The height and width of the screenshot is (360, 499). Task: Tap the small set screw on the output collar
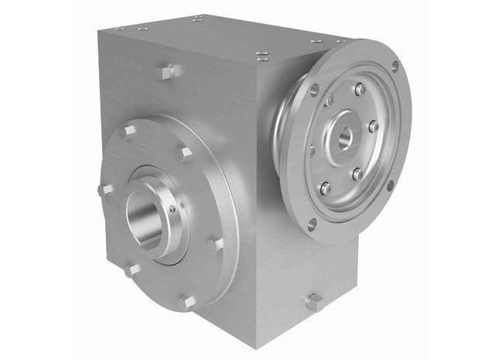(x=172, y=207)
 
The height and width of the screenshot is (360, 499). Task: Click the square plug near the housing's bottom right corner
(x=314, y=302)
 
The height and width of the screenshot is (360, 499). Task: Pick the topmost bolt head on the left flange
(x=183, y=153)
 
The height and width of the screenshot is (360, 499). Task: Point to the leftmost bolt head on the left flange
(x=105, y=189)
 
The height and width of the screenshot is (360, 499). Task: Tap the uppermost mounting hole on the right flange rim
(x=395, y=67)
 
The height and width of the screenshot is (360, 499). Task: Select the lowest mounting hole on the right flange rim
(x=312, y=225)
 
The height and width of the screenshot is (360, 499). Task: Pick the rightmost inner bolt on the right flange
(x=373, y=126)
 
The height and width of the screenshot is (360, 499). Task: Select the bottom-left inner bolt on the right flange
(x=326, y=188)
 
